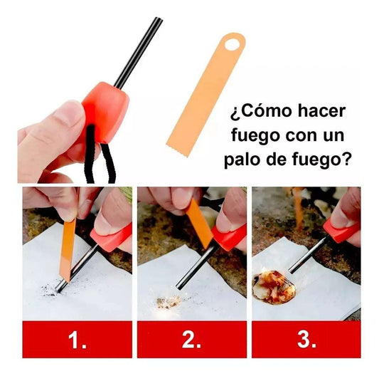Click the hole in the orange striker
pos(230,45)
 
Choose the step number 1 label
pos(77,340)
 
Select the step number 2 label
pos(192,340)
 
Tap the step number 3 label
pos(306,340)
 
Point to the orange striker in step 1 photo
pos(68,246)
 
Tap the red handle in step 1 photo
pos(112,237)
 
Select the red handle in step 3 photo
pos(342,228)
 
